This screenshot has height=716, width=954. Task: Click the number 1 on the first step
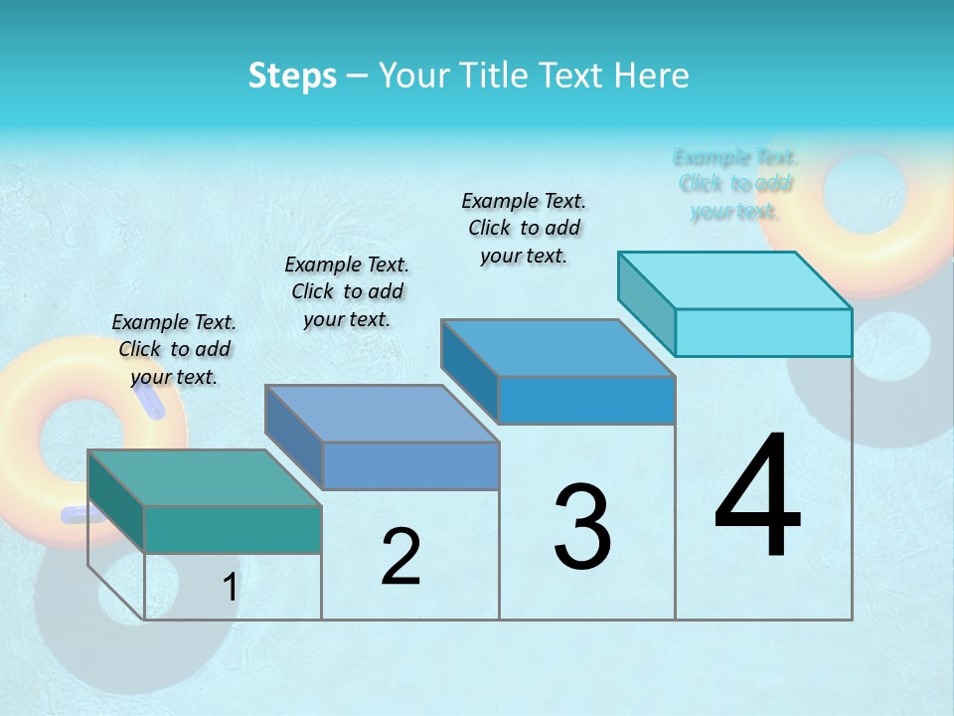(x=230, y=588)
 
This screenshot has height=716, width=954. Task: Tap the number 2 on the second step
(x=400, y=557)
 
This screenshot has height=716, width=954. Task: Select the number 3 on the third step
(x=582, y=527)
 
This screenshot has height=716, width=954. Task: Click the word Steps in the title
(x=292, y=76)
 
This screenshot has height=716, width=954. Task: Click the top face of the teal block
(x=204, y=477)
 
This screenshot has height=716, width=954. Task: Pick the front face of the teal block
(x=233, y=529)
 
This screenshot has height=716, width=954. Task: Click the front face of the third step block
(x=586, y=400)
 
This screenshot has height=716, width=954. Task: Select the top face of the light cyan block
(x=735, y=279)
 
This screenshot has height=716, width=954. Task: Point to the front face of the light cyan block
(x=763, y=332)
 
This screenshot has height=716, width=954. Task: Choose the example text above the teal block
(x=174, y=349)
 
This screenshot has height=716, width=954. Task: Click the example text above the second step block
(x=347, y=291)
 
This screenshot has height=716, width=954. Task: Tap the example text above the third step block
(x=524, y=228)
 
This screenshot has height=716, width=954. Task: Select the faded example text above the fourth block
(x=735, y=184)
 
